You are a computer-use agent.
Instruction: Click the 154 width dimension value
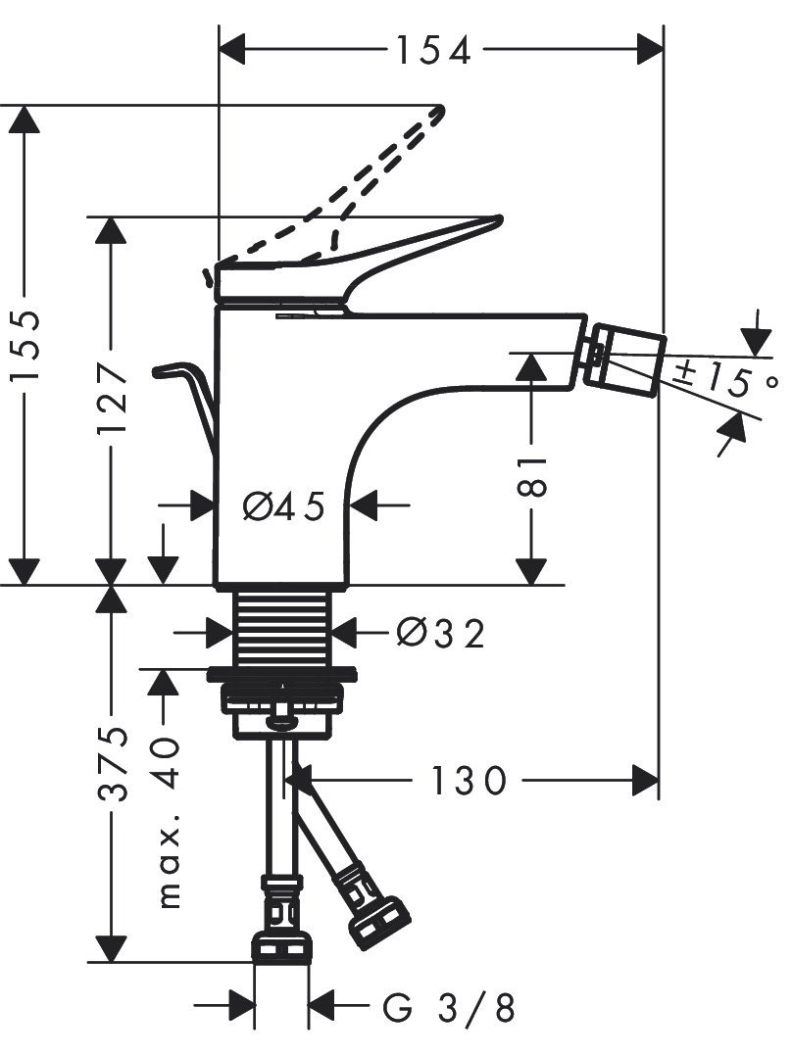[x=433, y=51]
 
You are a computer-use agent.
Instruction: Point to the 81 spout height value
[x=532, y=476]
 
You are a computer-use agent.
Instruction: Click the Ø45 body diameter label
[x=283, y=505]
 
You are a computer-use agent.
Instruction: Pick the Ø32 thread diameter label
[x=440, y=633]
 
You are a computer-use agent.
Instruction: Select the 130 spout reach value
[x=468, y=781]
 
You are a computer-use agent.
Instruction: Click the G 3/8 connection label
[x=449, y=1007]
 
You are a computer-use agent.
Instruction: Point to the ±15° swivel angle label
[x=725, y=379]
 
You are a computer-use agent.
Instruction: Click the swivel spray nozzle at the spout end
[x=623, y=359]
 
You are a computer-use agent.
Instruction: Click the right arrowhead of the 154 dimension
[x=650, y=50]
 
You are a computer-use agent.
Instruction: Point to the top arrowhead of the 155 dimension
[x=25, y=120]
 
